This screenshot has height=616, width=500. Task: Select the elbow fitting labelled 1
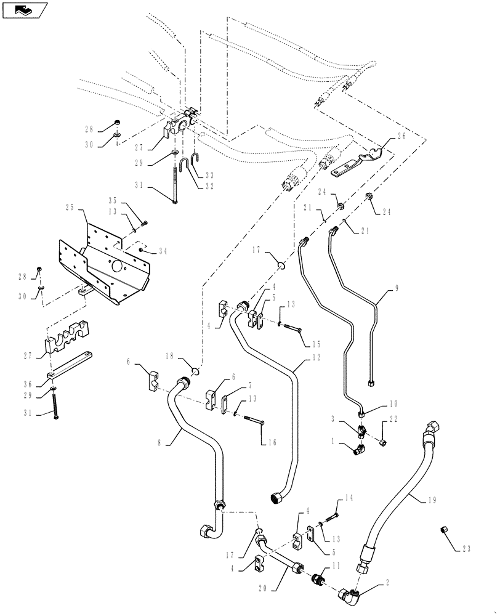pos(358,452)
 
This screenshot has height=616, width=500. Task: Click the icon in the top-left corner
pos(24,10)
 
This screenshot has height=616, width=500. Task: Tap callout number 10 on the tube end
pos(393,405)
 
